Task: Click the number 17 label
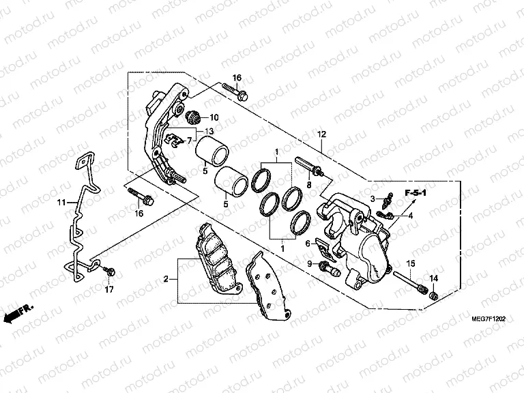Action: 108,290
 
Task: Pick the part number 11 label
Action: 61,203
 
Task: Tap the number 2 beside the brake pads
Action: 166,278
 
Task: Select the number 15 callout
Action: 411,263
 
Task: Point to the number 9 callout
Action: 309,263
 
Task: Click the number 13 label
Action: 209,130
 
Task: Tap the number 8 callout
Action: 308,185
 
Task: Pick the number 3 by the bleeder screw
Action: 374,198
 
